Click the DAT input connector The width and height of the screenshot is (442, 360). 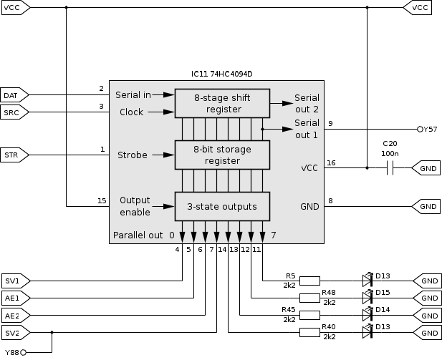pyautogui.click(x=14, y=94)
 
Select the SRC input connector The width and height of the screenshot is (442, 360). pyautogui.click(x=14, y=112)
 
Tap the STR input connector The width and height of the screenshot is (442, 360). pyautogui.click(x=14, y=154)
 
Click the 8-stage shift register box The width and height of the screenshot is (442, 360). pyautogui.click(x=223, y=103)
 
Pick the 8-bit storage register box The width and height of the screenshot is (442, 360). pyautogui.click(x=223, y=154)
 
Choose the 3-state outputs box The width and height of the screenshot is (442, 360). pyautogui.click(x=223, y=207)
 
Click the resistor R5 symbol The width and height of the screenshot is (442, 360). pyautogui.click(x=309, y=281)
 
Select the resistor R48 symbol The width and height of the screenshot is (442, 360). pyautogui.click(x=309, y=298)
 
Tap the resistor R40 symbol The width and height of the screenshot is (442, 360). pyautogui.click(x=309, y=332)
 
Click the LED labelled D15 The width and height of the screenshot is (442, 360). pyautogui.click(x=367, y=298)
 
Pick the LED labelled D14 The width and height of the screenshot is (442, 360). pyautogui.click(x=367, y=315)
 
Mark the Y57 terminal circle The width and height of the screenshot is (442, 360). pyautogui.click(x=420, y=130)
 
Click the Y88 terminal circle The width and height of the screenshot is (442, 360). pyautogui.click(x=23, y=352)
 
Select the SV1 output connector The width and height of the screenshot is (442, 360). pyautogui.click(x=14, y=281)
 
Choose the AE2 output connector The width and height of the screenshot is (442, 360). pyautogui.click(x=14, y=315)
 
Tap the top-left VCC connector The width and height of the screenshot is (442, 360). pyautogui.click(x=14, y=8)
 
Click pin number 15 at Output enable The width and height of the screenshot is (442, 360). pyautogui.click(x=102, y=200)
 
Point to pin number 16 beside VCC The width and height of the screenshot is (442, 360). pyautogui.click(x=330, y=162)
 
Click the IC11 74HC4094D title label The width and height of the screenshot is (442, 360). pyautogui.click(x=222, y=74)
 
